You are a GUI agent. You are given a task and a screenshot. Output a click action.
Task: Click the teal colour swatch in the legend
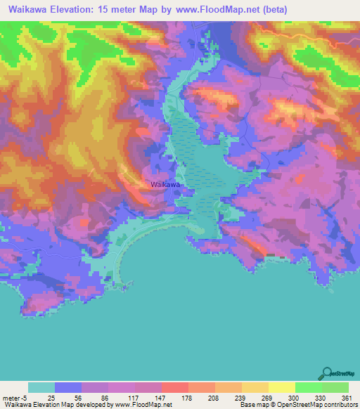point(41,387)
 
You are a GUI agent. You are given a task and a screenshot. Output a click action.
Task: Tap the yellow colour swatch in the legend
point(282,387)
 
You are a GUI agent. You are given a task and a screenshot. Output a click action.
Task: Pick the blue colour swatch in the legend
point(68,387)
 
